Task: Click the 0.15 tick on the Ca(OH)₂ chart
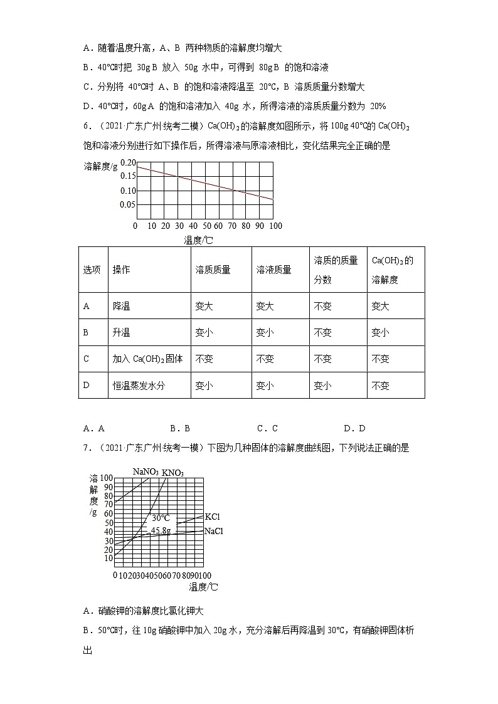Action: click(x=128, y=176)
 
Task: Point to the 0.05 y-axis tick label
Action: click(x=128, y=204)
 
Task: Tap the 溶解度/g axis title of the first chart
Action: click(x=100, y=166)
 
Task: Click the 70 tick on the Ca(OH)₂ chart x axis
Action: click(x=232, y=226)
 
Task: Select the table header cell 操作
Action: click(x=122, y=270)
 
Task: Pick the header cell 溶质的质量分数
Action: click(x=336, y=270)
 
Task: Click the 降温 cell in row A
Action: click(x=122, y=307)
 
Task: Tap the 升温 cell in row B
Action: click(x=122, y=333)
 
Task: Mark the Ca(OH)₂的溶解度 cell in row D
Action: click(x=381, y=386)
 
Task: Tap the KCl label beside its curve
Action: click(x=213, y=517)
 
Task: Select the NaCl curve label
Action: click(x=214, y=531)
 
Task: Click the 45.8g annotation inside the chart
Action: click(x=161, y=530)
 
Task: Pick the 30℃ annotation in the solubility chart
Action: click(x=161, y=518)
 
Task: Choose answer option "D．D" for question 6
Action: click(x=354, y=429)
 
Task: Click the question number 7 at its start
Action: click(x=86, y=448)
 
